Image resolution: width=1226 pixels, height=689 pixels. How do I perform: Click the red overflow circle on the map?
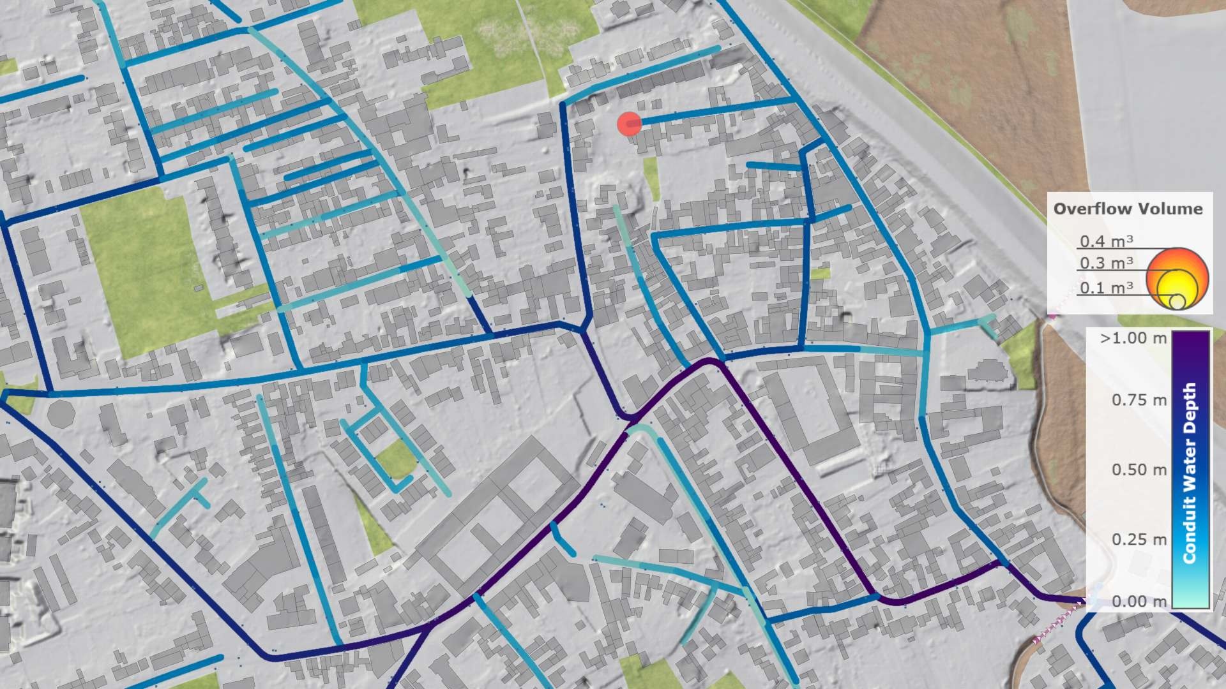629,124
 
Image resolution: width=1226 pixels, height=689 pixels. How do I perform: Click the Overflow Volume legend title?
1128,209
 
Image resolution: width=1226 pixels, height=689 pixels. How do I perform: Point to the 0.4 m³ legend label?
1106,241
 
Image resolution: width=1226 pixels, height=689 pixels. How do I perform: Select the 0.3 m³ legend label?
1106,263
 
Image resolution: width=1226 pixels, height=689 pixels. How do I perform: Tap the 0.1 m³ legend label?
1106,288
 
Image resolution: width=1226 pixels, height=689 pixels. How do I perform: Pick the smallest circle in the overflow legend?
1177,302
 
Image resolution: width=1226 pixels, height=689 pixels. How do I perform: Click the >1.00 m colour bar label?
1133,338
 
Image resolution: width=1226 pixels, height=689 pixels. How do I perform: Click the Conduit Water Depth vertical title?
1189,473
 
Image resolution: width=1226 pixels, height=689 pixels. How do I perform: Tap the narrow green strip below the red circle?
651,178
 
